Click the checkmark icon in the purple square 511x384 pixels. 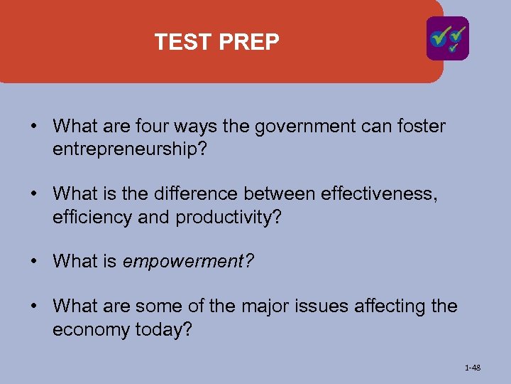(447, 38)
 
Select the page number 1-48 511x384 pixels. (472, 368)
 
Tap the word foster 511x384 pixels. (423, 127)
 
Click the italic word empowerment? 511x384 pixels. (188, 262)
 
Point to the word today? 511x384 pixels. (165, 330)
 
